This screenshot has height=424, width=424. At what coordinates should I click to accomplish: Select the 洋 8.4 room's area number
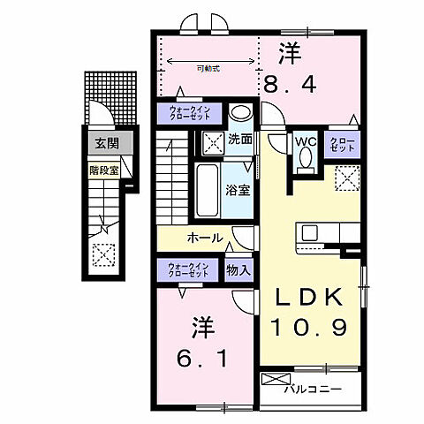[286, 85]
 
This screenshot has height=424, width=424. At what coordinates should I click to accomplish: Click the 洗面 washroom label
[241, 140]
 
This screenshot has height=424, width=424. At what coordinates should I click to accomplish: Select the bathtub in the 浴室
[208, 186]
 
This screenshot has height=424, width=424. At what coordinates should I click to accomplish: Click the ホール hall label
[205, 238]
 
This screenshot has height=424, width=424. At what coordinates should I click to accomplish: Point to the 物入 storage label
[237, 269]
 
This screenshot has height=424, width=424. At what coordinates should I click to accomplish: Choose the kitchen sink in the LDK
[311, 232]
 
